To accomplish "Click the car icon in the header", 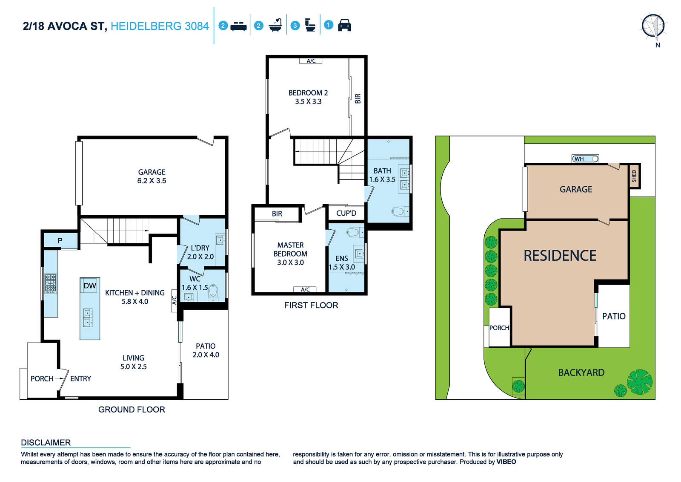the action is tap(344, 25).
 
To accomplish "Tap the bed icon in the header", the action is tap(238, 26).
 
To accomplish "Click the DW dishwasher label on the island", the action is tap(90, 286).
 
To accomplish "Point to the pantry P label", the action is tap(60, 240).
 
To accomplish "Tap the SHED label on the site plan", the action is tap(634, 176).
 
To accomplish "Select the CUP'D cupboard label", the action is tap(346, 213).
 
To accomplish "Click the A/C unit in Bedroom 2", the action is tap(311, 61).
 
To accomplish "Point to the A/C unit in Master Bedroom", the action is tap(305, 289).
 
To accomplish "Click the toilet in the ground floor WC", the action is tap(213, 292).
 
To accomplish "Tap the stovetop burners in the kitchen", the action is tap(51, 283).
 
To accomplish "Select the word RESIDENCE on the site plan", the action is tap(560, 255).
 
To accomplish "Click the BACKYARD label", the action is tap(581, 372).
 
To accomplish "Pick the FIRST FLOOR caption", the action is tap(311, 305).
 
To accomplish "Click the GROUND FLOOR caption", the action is tap(132, 409).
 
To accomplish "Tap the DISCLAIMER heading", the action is tap(46, 442).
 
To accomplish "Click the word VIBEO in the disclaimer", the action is tap(506, 462).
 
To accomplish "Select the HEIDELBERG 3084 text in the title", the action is tap(160, 26).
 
